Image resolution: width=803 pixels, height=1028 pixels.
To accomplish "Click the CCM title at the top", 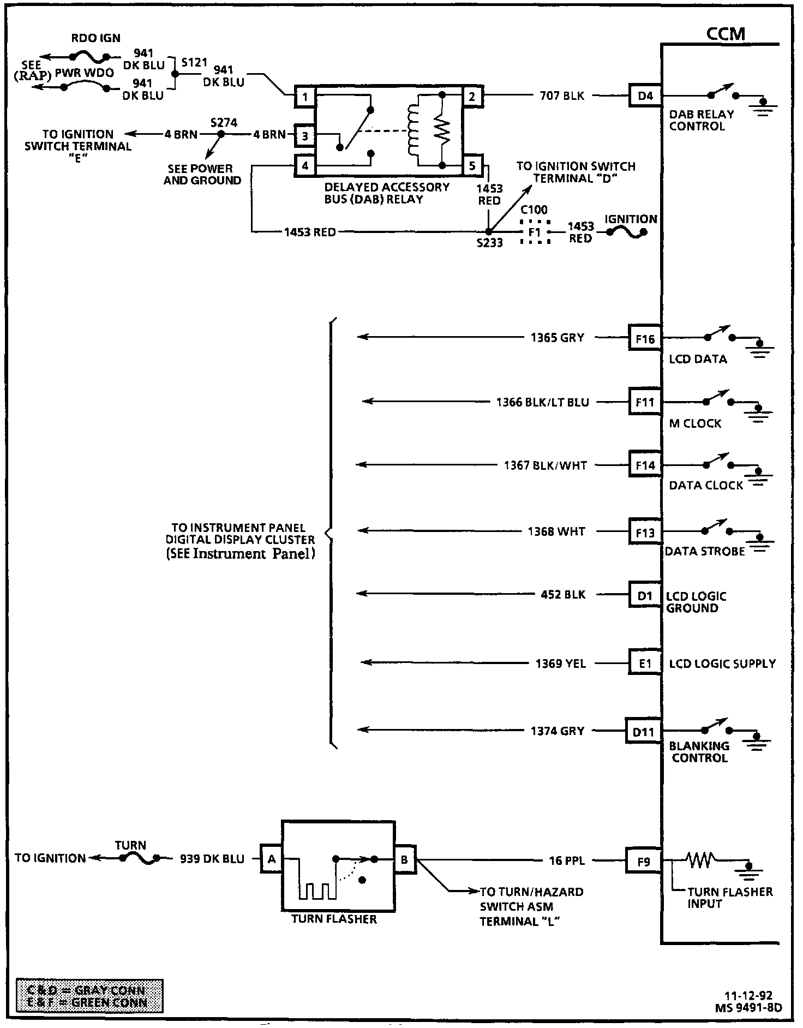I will click(725, 34).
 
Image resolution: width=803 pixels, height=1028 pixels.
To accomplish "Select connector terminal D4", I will click(645, 96).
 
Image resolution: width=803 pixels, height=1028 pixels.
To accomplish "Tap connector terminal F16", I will click(645, 339).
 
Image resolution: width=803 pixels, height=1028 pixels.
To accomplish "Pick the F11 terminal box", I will click(645, 402).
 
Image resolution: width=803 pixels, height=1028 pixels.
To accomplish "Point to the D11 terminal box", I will click(643, 732).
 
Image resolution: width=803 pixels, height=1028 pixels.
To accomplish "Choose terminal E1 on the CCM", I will click(645, 664).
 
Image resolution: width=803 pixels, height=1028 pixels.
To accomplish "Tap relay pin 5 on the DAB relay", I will click(472, 165).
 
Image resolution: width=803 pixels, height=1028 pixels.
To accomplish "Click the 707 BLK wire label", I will click(562, 96).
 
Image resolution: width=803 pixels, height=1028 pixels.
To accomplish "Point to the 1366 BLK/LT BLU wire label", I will click(542, 402).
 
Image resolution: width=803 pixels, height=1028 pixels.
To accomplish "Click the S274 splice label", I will click(224, 123).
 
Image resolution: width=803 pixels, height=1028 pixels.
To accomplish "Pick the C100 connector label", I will click(534, 210).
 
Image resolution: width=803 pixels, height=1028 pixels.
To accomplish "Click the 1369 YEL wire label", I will click(560, 664).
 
